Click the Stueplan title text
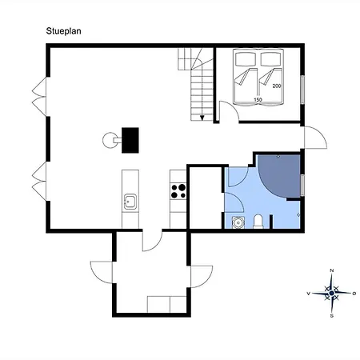coord(63,31)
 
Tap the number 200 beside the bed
coord(277,86)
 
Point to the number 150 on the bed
coord(258,100)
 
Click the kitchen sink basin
coord(130,202)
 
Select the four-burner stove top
coord(178,191)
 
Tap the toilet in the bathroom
coord(258,222)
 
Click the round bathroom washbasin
coord(238,222)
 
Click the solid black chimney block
coord(130,140)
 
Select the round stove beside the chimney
coord(109,140)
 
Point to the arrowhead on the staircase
coord(202,118)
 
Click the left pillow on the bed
coord(246,59)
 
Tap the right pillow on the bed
coord(271,59)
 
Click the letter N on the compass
coord(332,270)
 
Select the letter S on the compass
coord(332,316)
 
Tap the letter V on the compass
coord(309,294)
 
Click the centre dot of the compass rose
coord(332,294)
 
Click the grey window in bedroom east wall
coord(302,90)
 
